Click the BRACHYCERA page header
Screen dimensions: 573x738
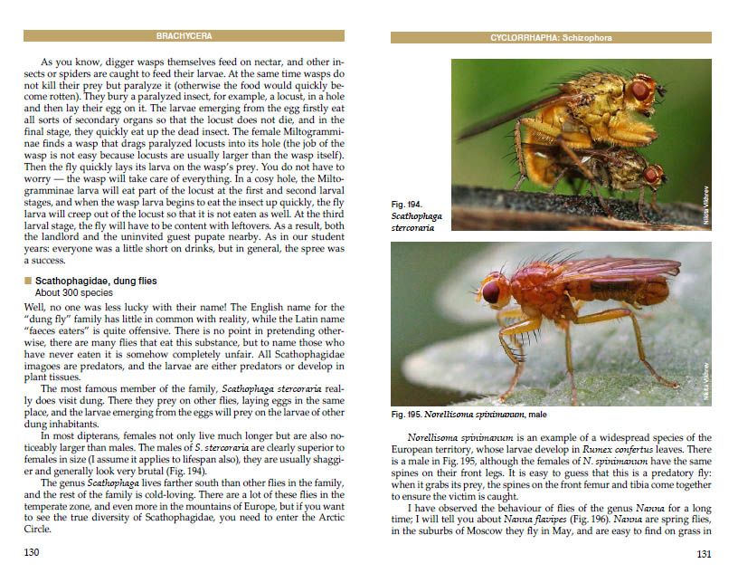tap(184, 36)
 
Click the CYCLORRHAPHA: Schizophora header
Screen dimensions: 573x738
tap(550, 38)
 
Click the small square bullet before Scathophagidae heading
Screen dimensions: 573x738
tap(28, 281)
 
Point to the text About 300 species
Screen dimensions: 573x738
tap(74, 293)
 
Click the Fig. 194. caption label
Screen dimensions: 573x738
tap(408, 205)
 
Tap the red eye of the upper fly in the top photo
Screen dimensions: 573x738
tap(640, 91)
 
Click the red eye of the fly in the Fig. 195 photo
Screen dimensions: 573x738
tap(491, 292)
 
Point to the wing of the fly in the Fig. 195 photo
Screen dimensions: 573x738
tap(624, 270)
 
